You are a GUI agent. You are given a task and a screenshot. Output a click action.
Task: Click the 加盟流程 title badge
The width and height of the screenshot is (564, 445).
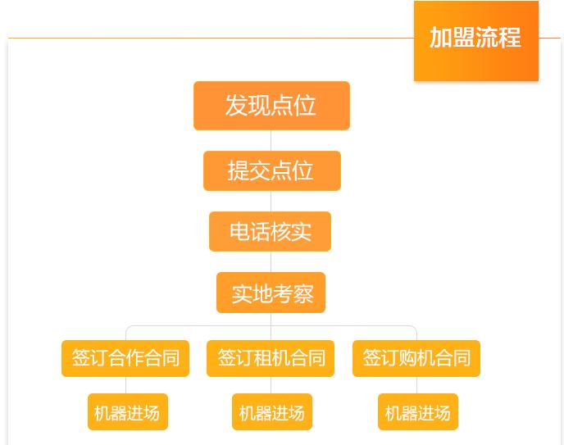[475, 39]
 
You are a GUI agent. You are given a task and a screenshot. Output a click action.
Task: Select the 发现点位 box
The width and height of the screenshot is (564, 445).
[271, 106]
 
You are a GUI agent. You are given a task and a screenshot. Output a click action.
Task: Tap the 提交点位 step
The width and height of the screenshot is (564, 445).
[271, 170]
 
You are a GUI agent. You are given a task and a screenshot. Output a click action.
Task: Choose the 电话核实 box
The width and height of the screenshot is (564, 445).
[270, 231]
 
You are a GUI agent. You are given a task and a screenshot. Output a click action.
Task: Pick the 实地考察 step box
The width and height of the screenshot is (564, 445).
[271, 293]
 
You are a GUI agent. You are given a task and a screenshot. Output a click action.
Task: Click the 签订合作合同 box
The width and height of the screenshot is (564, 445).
[125, 358]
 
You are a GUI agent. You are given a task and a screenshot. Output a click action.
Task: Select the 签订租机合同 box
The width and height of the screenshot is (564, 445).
[271, 358]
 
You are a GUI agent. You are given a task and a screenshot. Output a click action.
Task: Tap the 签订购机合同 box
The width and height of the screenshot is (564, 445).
[416, 358]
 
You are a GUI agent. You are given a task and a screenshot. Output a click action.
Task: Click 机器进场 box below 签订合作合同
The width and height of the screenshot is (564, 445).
[128, 412]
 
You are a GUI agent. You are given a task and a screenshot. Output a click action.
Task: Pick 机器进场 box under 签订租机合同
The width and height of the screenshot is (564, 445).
[272, 412]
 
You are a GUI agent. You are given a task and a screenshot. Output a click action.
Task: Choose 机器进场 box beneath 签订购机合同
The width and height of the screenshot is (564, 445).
[418, 412]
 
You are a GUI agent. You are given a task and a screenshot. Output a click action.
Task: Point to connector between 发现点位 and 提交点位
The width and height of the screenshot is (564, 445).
[271, 140]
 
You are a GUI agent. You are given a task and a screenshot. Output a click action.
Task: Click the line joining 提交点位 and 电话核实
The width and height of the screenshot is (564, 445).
[271, 201]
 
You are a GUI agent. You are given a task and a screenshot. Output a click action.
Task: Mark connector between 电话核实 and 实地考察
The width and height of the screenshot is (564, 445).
[271, 261]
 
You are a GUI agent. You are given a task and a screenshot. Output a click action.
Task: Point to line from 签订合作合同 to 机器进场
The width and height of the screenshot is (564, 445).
[126, 385]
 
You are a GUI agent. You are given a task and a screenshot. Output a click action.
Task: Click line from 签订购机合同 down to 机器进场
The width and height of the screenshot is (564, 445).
[416, 385]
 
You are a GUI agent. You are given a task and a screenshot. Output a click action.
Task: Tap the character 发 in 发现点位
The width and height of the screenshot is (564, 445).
[237, 106]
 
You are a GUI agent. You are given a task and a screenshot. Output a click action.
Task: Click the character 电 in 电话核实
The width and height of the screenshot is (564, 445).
[239, 231]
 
